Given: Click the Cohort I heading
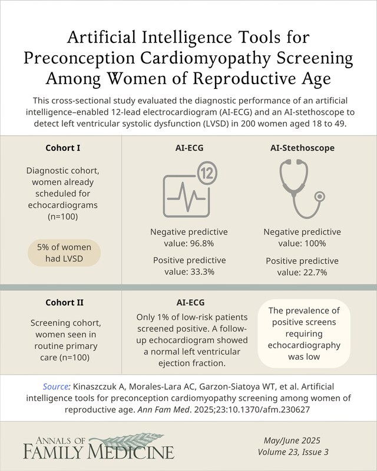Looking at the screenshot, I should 64,147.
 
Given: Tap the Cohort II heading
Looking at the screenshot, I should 64,303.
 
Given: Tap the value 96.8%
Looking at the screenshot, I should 198,243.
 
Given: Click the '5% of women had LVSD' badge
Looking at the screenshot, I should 64,254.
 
